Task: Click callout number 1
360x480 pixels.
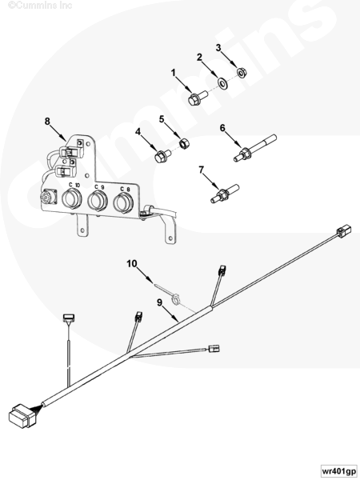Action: [174, 73]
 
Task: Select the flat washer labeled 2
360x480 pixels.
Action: [222, 82]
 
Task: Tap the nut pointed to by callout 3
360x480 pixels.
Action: [242, 73]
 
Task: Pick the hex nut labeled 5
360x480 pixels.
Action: [184, 143]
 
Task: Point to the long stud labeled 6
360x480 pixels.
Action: [255, 148]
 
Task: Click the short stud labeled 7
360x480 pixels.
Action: [225, 193]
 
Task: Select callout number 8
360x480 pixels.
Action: [47, 122]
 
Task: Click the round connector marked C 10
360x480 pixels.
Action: [72, 199]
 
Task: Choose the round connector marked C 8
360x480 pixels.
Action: [123, 203]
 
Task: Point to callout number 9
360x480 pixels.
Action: [160, 302]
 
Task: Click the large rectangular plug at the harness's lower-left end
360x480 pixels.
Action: [23, 416]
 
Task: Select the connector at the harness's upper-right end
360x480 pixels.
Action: [344, 231]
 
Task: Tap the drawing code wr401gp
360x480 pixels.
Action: [339, 470]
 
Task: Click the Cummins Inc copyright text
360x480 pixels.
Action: [40, 5]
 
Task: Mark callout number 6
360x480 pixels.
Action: [222, 128]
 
